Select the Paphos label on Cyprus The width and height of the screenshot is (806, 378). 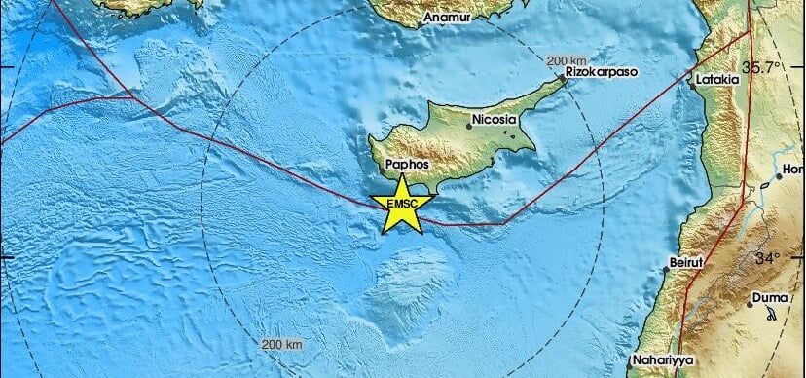tap(407, 166)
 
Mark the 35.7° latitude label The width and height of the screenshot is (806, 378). tap(764, 67)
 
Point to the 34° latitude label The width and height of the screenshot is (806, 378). tap(768, 259)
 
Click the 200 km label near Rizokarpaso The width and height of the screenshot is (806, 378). tap(567, 61)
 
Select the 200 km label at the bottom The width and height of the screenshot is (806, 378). tap(282, 345)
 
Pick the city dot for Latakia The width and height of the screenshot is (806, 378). tap(691, 84)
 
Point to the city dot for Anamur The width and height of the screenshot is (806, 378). tap(421, 19)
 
